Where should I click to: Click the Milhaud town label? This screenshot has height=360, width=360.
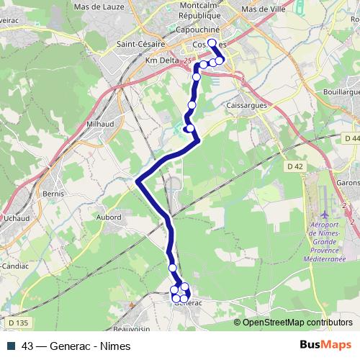99,125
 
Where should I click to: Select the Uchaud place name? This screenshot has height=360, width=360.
15,217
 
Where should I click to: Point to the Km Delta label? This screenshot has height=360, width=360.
163,61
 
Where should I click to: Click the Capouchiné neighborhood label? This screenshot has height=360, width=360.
197,31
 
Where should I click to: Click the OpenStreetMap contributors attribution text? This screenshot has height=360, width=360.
297,322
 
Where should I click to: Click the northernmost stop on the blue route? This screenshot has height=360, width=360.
212,43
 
